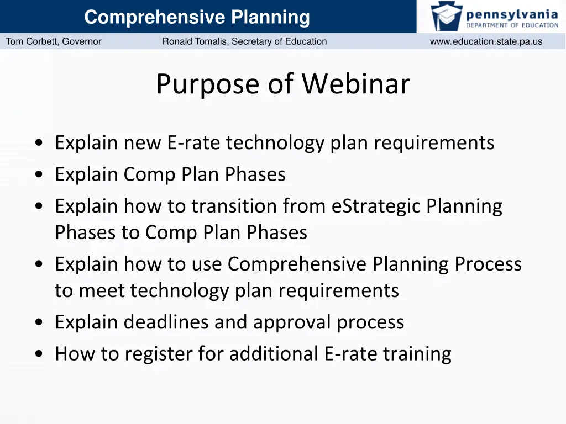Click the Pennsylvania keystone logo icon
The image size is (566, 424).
[x=447, y=16]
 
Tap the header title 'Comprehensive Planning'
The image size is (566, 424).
[x=197, y=18]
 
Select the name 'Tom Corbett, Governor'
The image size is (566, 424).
[x=54, y=41]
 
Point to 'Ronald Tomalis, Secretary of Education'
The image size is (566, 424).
[x=244, y=41]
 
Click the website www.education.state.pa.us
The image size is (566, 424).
[x=486, y=41]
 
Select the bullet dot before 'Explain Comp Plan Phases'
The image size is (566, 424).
[x=38, y=175]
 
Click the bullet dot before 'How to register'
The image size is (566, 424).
[x=38, y=354]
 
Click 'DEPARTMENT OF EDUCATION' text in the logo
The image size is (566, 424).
[x=512, y=25]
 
